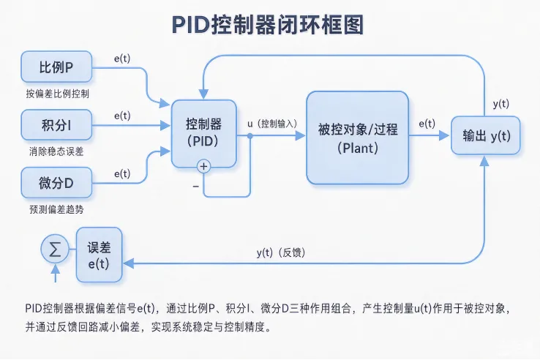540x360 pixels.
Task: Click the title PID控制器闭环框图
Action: tap(268, 24)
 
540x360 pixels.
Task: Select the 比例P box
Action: tap(56, 67)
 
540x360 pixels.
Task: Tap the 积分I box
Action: tap(56, 124)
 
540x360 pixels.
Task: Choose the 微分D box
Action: tap(56, 183)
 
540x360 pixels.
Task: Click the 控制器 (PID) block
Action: tap(204, 133)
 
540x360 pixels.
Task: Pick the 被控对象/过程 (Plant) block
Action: tap(358, 138)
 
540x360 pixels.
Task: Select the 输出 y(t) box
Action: tap(486, 135)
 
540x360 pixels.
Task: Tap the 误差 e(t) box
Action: tap(99, 255)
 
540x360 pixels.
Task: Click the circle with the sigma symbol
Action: tap(55, 249)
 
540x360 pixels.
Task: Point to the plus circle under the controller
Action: tap(204, 166)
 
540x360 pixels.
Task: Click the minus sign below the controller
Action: tap(196, 187)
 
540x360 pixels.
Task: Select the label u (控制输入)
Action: tap(272, 124)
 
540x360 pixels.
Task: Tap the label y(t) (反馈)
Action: tap(281, 252)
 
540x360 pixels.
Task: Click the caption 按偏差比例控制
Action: tap(58, 94)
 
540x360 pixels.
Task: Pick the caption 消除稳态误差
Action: tap(56, 151)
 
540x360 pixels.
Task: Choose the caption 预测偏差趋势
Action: tap(56, 209)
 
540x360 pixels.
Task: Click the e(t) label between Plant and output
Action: tap(427, 124)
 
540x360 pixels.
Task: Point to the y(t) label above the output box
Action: tap(500, 104)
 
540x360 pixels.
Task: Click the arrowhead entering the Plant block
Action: tap(300, 135)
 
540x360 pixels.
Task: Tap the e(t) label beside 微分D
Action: tap(122, 173)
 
